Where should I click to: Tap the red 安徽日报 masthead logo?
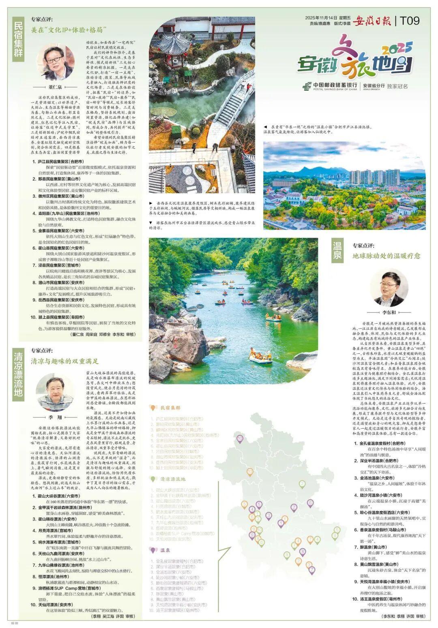click(372, 21)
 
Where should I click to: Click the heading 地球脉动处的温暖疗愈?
click(386, 256)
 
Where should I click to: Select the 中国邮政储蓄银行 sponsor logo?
click(330, 86)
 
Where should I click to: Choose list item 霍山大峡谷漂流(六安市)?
click(59, 496)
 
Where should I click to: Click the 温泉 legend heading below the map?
click(165, 550)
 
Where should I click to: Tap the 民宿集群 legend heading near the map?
click(170, 408)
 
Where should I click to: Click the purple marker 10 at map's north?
click(240, 438)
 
